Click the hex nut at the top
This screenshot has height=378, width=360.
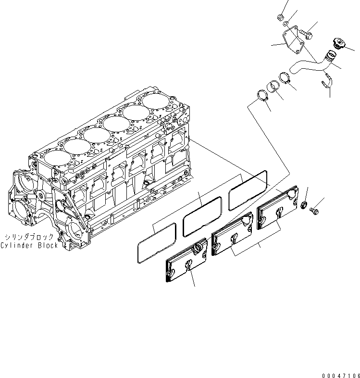(280, 18)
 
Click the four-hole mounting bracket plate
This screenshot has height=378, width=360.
(293, 40)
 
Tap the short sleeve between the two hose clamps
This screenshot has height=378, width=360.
(273, 87)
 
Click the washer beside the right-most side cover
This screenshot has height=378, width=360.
(304, 206)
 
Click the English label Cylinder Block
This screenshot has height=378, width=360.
(29, 245)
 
